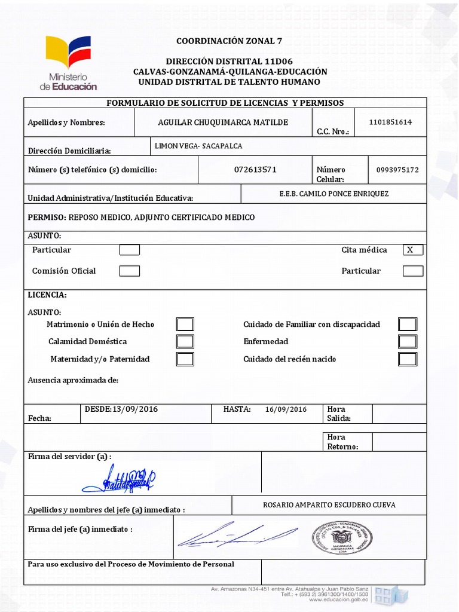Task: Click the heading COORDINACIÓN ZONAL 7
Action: point(229,41)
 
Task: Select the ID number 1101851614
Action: point(390,122)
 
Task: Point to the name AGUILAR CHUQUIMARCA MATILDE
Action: point(223,123)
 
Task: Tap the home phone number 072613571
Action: point(255,170)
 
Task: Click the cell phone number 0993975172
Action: point(397,170)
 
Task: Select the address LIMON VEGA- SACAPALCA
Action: point(198,146)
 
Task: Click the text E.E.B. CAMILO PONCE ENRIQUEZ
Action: point(334,194)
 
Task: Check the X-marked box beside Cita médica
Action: point(413,250)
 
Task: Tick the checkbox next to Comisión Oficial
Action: point(130,271)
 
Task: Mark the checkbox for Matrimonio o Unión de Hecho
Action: point(185,325)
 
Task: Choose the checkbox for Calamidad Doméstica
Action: point(185,342)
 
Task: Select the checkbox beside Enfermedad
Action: point(408,342)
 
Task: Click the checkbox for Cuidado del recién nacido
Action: point(408,359)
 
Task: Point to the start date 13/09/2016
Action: point(135,409)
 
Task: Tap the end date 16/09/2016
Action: point(286,409)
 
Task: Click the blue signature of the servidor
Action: point(118,478)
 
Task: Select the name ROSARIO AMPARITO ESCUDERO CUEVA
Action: point(329,505)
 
